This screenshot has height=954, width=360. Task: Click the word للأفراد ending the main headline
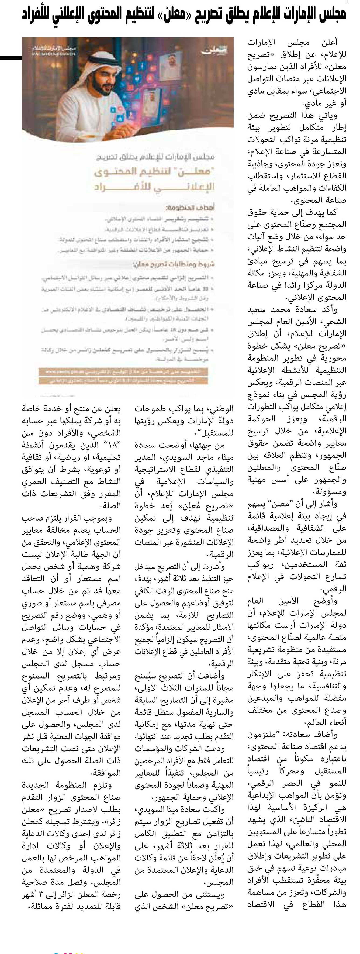(37, 14)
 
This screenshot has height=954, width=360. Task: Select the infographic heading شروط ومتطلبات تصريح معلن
(174, 264)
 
